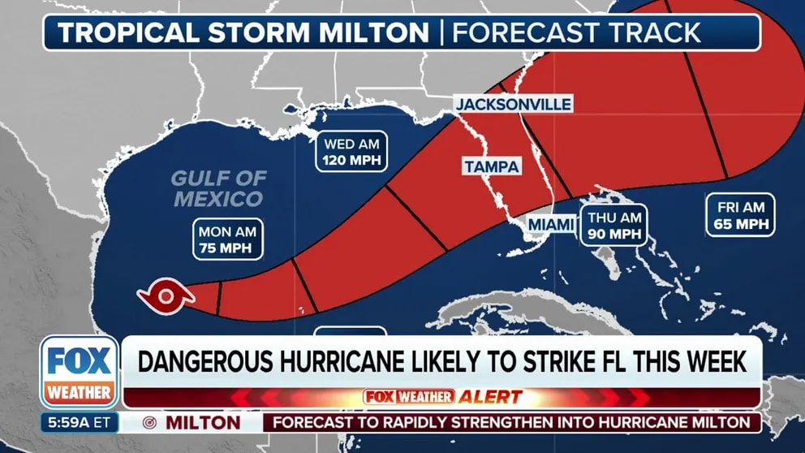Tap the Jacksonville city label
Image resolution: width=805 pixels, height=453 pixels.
pyautogui.click(x=513, y=104)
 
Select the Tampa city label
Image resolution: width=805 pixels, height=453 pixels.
pyautogui.click(x=491, y=166)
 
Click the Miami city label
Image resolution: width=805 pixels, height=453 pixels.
pyautogui.click(x=550, y=223)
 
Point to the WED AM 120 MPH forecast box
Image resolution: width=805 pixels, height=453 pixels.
pyautogui.click(x=352, y=152)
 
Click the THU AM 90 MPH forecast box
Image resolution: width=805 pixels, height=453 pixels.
pyautogui.click(x=614, y=225)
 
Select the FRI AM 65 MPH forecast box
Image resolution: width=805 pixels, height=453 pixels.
pyautogui.click(x=739, y=215)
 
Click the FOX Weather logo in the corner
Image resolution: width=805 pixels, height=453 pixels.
pyautogui.click(x=79, y=372)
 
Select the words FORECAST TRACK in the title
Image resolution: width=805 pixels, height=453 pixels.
pyautogui.click(x=576, y=32)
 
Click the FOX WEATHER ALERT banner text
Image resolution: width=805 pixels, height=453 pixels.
pyautogui.click(x=442, y=397)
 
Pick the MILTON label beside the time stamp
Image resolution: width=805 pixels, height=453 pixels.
pyautogui.click(x=203, y=423)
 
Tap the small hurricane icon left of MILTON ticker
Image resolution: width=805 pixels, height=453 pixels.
pyautogui.click(x=149, y=423)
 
